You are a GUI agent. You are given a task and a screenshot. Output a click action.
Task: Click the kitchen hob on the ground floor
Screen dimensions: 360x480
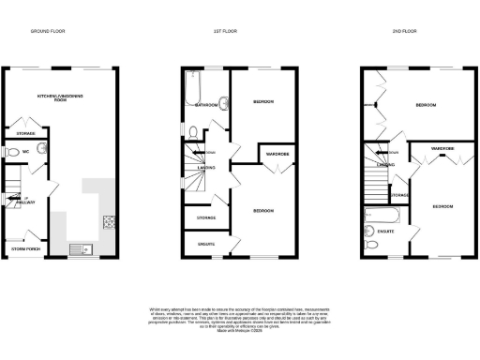[x=108, y=222]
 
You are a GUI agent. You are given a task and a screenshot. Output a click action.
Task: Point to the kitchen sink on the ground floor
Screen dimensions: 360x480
[x=79, y=248]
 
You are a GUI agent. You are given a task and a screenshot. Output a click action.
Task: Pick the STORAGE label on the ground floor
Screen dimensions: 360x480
[x=25, y=120]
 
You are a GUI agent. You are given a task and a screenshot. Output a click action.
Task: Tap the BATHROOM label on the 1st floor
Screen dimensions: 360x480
[x=204, y=106]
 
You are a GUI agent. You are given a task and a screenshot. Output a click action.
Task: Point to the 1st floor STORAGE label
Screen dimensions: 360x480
[x=204, y=217]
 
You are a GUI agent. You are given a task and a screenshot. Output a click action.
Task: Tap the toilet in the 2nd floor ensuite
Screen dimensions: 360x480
[x=373, y=245]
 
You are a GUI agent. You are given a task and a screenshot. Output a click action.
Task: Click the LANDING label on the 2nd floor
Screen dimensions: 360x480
[x=383, y=165]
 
